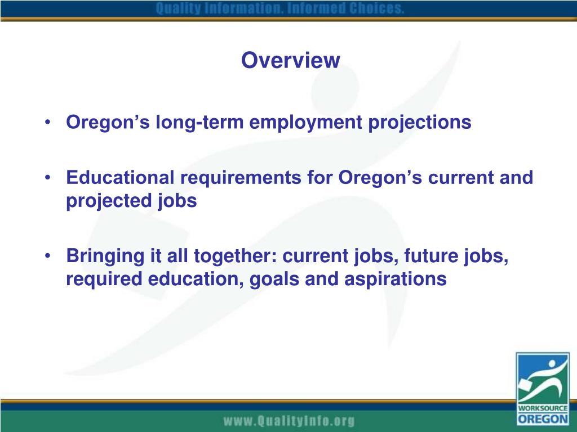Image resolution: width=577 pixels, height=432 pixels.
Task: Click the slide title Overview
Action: click(290, 60)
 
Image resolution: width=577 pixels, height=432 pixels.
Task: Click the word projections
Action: click(420, 122)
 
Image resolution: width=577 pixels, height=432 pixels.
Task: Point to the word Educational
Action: click(121, 178)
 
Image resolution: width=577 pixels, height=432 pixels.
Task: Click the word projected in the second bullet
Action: click(104, 201)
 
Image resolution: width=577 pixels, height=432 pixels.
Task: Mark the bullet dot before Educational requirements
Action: click(51, 178)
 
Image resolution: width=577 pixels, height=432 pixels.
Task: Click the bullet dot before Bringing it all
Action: click(51, 256)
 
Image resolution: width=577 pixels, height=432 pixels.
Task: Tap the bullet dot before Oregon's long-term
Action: click(51, 123)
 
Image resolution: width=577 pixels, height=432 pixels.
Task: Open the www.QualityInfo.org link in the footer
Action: click(288, 421)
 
